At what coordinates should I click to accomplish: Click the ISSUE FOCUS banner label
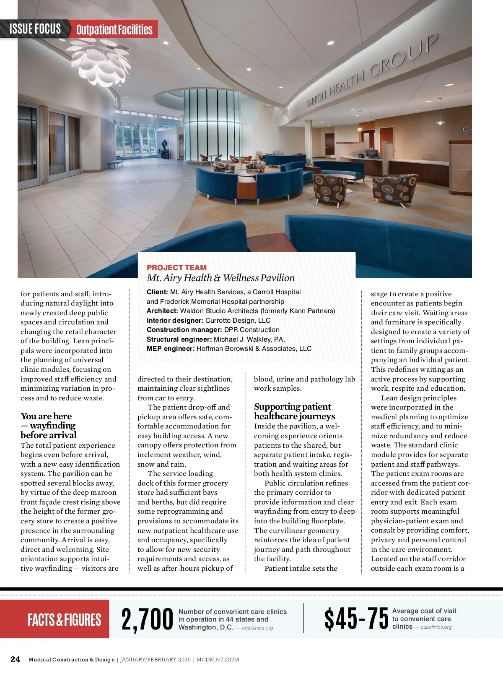pos(35,29)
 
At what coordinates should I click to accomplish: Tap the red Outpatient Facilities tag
pos(114,30)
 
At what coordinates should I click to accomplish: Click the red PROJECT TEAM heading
pos(176,268)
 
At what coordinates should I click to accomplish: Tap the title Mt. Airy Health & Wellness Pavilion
pos(220,278)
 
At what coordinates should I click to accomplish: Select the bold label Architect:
pos(162,311)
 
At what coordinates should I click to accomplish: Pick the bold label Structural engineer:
pos(179,339)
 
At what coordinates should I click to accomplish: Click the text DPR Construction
pos(251,330)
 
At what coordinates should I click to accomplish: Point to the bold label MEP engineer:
pos(170,349)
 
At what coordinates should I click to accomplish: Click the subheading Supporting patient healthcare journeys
pos(294,411)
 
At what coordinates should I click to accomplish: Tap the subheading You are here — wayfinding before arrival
pos(48,426)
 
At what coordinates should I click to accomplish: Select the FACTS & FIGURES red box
pos(64,619)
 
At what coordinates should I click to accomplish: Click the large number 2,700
pos(147,619)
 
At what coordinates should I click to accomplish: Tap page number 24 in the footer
pos(15,659)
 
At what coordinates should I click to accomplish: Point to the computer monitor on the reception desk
pos(372,154)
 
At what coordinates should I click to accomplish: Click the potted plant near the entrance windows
pos(165,147)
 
